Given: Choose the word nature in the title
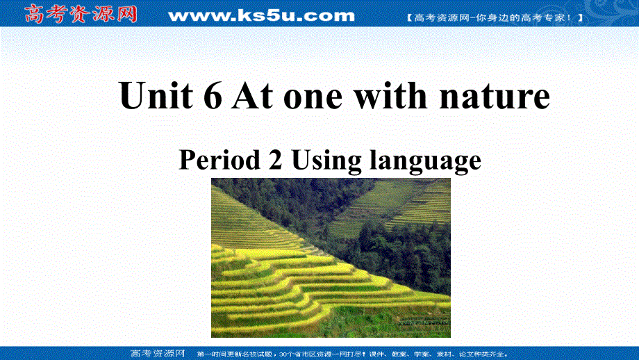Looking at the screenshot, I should [x=494, y=97].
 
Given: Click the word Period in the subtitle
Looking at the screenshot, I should [x=215, y=161].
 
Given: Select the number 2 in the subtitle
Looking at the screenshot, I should [x=272, y=161].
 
